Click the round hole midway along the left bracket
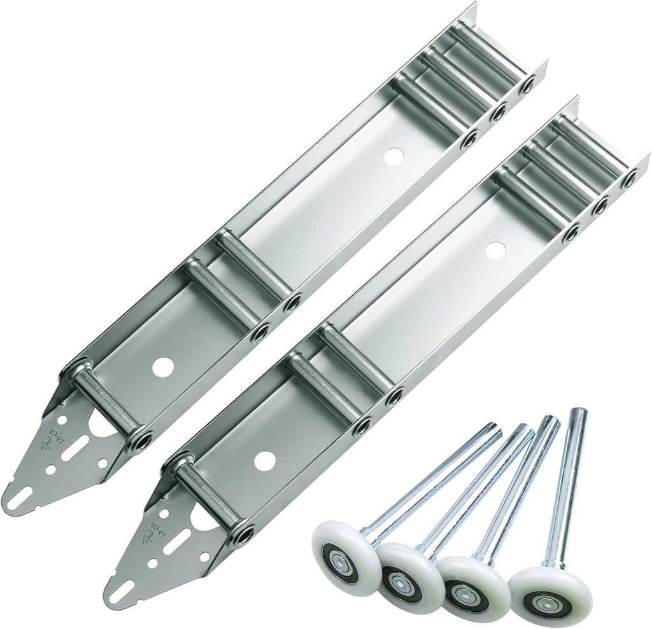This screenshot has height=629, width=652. (394, 156)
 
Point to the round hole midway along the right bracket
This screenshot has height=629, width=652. (495, 250)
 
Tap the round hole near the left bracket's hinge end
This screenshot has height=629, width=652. (163, 367)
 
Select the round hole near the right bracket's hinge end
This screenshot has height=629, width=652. (264, 460)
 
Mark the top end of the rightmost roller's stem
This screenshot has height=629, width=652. (579, 413)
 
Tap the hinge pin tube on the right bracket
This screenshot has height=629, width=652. (207, 499)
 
